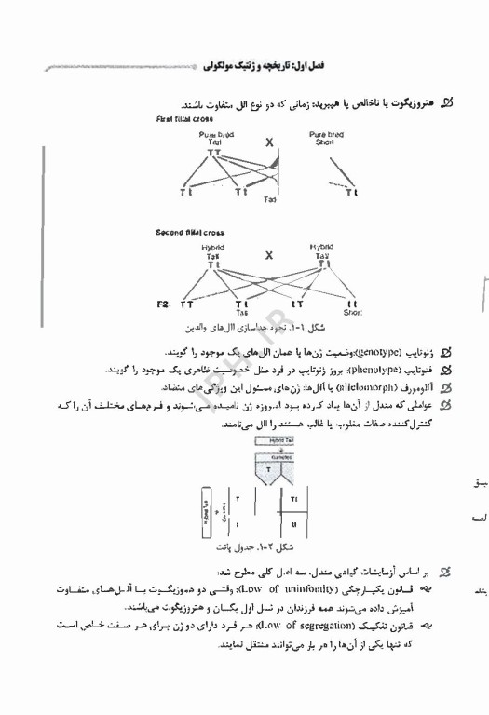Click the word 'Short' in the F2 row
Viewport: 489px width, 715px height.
353,314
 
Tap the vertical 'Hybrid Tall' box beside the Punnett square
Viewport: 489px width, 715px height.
207,509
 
